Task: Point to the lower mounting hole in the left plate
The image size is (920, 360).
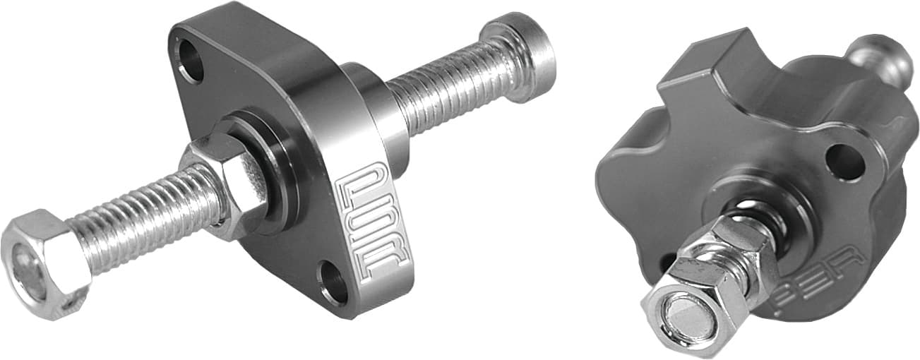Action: pyautogui.click(x=333, y=281)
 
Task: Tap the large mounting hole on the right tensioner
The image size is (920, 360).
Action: pyautogui.click(x=844, y=162)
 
